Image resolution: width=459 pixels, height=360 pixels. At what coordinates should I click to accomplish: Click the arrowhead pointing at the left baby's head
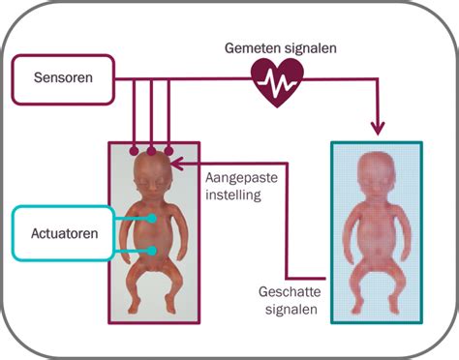click(177, 165)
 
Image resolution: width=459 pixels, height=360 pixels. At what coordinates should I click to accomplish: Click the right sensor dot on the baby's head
click(169, 150)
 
